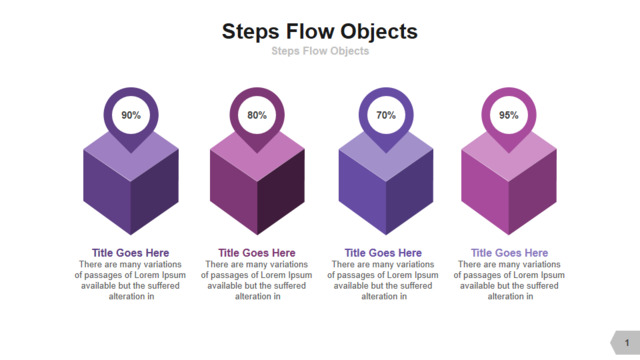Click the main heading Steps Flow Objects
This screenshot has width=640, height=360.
point(320,32)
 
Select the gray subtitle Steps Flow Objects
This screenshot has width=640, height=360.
point(320,51)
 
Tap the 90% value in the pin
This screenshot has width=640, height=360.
point(131,115)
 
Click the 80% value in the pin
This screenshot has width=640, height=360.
point(257,115)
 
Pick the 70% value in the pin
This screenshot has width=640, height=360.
point(386,115)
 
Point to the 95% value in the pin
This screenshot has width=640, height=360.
point(509,115)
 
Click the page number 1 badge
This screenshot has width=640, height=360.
point(626,342)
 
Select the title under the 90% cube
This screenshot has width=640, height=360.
point(131,253)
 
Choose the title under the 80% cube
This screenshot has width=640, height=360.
point(257,253)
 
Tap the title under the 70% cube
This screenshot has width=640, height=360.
point(383,253)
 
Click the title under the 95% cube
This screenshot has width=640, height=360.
point(509,253)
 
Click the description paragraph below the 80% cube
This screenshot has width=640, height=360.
point(257,280)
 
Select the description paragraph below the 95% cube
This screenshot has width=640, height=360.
point(509,280)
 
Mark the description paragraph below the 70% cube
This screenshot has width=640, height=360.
point(383,280)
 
